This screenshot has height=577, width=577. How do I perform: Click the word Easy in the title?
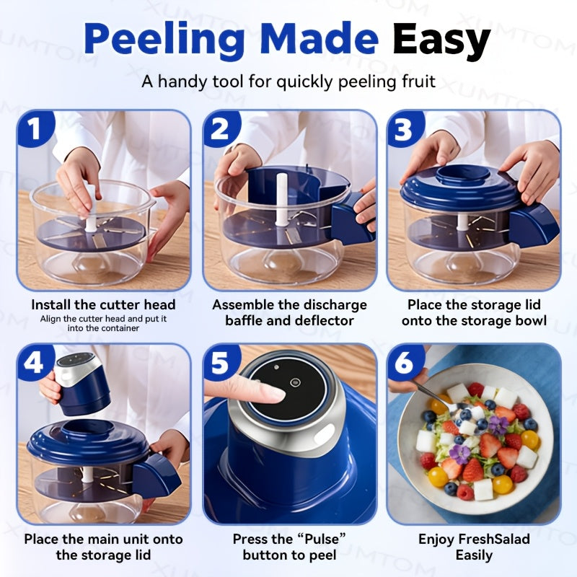(441, 40)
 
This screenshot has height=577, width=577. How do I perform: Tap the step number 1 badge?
(35, 128)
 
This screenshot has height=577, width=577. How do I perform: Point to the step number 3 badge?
(405, 128)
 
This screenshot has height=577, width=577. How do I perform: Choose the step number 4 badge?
(34, 363)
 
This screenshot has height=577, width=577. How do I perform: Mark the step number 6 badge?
(405, 363)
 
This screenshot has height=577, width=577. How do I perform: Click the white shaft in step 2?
(281, 200)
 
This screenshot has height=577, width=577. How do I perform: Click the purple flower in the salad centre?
(460, 455)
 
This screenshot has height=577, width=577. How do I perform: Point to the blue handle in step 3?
(534, 224)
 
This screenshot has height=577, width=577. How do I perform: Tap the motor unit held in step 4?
(82, 384)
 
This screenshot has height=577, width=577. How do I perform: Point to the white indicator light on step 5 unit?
(325, 434)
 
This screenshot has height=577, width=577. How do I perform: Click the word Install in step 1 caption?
(50, 304)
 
